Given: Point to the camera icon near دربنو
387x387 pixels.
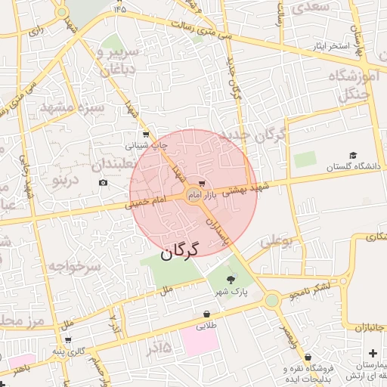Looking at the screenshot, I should pos(103,182).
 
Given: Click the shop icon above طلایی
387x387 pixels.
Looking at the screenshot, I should pos(206,314).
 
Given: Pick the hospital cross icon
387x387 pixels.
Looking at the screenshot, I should pos(373,353).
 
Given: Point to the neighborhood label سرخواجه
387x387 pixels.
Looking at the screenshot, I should pos(75,267).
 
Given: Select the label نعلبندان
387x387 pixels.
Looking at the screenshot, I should pos(122,163).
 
